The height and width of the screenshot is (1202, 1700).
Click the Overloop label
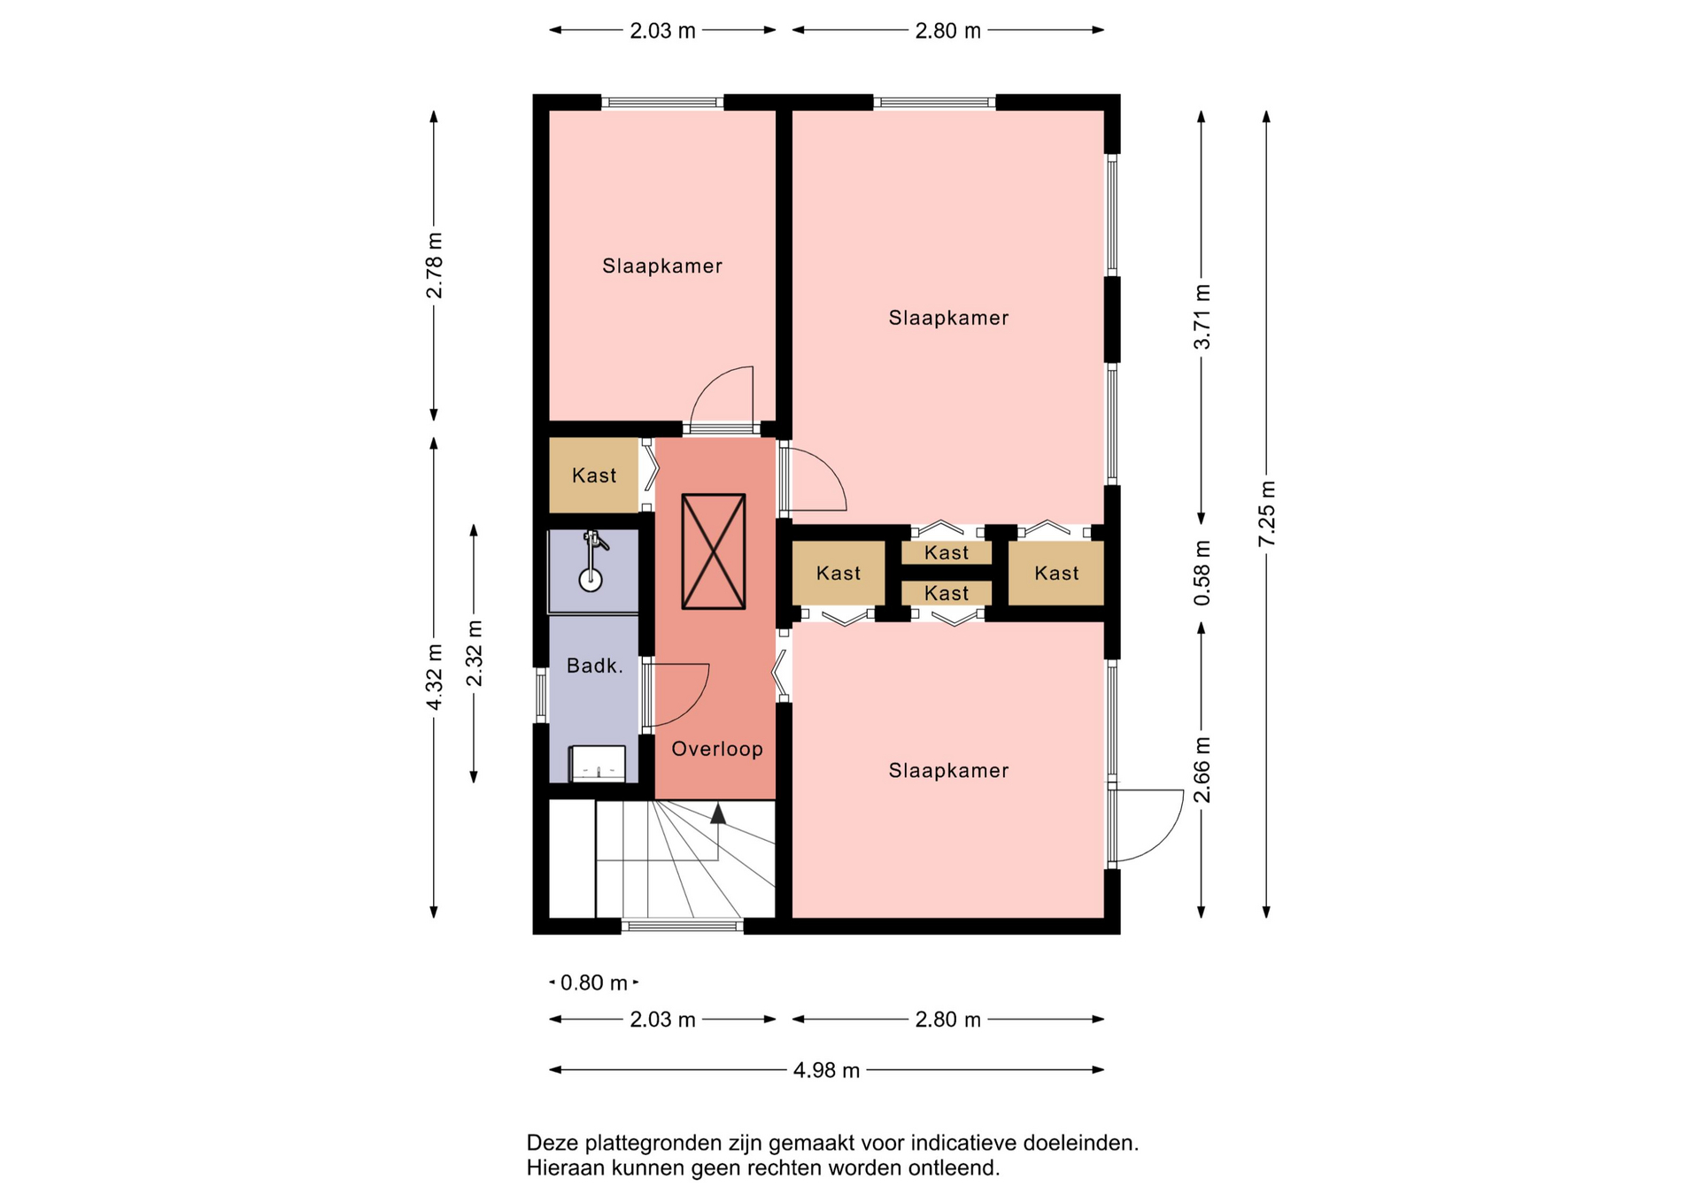click(x=717, y=749)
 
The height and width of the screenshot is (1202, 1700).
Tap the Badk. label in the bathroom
click(x=595, y=666)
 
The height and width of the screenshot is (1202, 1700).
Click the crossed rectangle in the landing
click(x=714, y=551)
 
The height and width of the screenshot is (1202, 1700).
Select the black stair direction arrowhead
click(x=718, y=813)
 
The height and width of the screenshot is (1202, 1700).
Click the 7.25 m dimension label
click(x=1267, y=513)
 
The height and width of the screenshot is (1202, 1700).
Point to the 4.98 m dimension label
click(x=826, y=1070)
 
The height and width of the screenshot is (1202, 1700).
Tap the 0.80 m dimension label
click(x=594, y=982)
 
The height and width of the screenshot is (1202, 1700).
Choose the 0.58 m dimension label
click(x=1202, y=573)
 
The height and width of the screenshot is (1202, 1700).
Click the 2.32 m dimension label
click(x=475, y=653)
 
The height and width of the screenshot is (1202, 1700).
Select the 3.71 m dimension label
click(x=1202, y=317)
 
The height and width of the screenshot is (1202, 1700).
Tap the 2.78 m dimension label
click(x=435, y=266)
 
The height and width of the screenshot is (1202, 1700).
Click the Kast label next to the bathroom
click(x=594, y=475)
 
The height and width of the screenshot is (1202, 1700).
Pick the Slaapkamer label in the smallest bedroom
click(x=662, y=266)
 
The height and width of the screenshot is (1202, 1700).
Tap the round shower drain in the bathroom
click(x=591, y=580)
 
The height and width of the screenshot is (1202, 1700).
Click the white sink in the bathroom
click(x=598, y=763)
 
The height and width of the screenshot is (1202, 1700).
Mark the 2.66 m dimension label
click(x=1202, y=769)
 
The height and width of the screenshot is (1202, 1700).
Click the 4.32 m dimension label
click(x=435, y=676)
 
